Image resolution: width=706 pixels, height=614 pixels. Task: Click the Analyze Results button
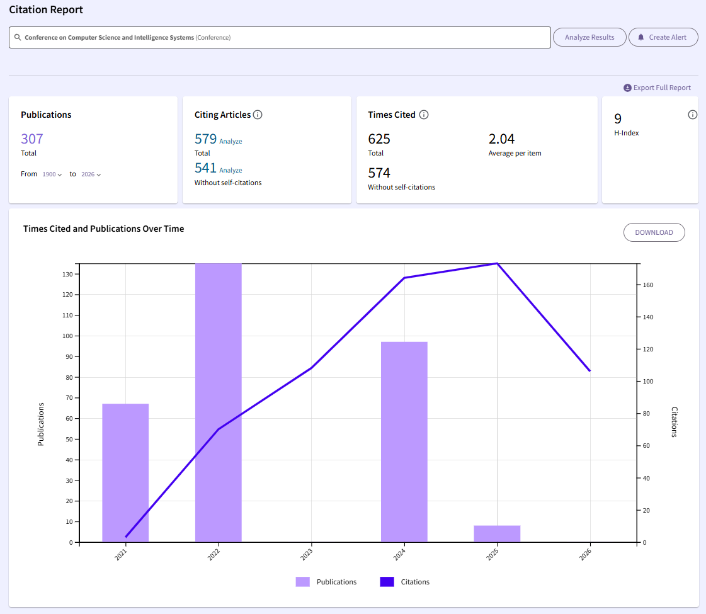tap(589, 37)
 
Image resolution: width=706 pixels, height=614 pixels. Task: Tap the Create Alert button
tap(663, 37)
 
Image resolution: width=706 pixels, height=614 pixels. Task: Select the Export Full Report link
tap(657, 88)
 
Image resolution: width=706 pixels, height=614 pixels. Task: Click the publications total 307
tap(32, 139)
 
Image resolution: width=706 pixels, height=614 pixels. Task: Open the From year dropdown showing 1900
tap(52, 174)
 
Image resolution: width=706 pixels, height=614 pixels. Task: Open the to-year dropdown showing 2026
tap(91, 174)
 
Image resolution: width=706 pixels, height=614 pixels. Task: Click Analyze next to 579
tap(231, 141)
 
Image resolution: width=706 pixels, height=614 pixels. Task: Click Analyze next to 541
tap(231, 170)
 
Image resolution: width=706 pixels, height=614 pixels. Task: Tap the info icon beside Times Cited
tap(424, 115)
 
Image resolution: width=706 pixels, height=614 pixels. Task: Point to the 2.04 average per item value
tap(501, 139)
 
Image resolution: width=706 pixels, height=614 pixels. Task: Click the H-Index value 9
tap(618, 118)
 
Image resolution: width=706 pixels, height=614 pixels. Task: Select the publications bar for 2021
tap(125, 473)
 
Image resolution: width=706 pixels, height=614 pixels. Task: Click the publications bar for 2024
tap(404, 442)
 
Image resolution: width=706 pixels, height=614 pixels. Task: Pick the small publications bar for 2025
tap(497, 534)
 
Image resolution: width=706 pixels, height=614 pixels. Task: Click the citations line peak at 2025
tap(497, 263)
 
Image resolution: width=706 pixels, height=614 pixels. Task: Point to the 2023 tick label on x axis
tap(307, 555)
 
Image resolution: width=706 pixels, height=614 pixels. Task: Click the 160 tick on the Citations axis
tap(648, 285)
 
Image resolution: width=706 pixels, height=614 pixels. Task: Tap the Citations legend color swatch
tap(387, 582)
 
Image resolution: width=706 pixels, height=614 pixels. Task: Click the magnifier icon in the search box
tap(18, 37)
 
